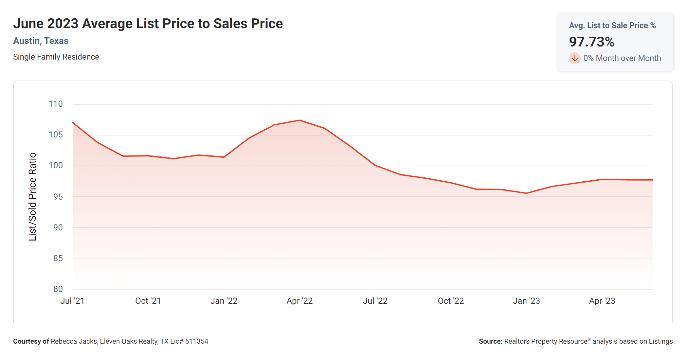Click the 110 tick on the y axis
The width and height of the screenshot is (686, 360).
click(56, 104)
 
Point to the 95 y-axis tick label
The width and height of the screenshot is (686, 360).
click(58, 197)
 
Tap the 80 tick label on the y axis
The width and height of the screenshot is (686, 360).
click(58, 289)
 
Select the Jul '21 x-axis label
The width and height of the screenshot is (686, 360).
click(72, 301)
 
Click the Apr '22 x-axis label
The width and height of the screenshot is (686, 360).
click(299, 301)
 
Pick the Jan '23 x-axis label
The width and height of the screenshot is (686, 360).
click(526, 301)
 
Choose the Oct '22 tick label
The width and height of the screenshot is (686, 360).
click(451, 301)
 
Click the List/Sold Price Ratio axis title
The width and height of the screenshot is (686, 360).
click(32, 197)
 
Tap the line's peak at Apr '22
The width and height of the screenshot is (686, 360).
click(299, 120)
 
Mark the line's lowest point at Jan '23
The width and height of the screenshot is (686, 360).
click(526, 193)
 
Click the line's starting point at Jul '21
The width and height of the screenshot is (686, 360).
click(73, 122)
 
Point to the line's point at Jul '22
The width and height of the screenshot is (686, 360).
click(375, 165)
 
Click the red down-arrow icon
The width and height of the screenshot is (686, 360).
click(574, 58)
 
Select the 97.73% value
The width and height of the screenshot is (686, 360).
click(591, 42)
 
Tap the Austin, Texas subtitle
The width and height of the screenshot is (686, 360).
click(41, 41)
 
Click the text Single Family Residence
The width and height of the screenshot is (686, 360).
click(56, 57)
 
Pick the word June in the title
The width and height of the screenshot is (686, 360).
click(28, 24)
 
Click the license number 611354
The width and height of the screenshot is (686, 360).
click(196, 341)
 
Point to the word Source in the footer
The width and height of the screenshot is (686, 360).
click(490, 341)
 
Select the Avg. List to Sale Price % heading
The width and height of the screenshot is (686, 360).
click(612, 26)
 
